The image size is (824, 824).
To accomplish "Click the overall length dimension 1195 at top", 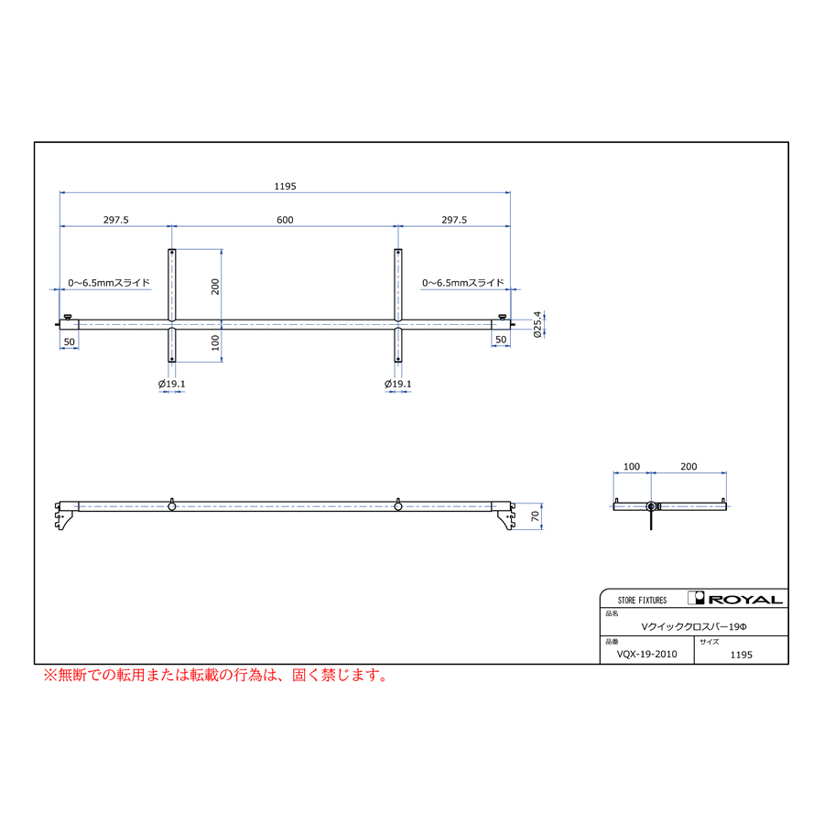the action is coord(285,186).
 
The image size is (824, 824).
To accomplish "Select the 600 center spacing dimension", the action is coord(285,220).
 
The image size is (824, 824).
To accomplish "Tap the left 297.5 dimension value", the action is coord(115,220).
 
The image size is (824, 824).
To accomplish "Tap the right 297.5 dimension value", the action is coord(454,220).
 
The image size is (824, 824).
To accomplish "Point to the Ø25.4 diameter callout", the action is coord(537,324).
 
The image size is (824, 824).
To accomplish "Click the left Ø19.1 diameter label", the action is coord(172,384).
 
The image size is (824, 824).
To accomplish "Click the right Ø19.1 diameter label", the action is coord(398,384).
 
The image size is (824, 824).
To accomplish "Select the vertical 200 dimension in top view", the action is coord(215,287).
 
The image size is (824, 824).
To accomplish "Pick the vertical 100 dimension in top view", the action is coord(215,342).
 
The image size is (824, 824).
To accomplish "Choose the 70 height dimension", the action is coord(535,516).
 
